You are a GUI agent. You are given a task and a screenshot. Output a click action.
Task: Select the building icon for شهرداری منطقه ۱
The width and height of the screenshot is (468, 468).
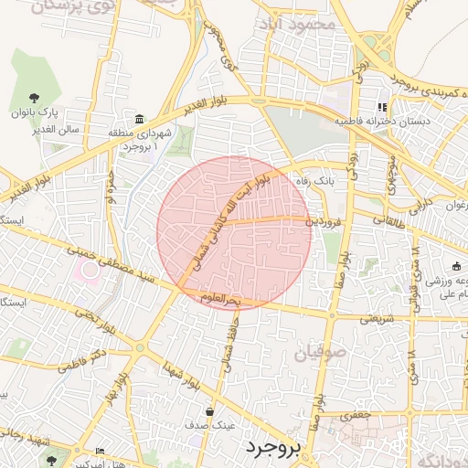pos(139,119)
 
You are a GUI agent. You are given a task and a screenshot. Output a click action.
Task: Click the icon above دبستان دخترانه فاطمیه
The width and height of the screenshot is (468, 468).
pos(382,107)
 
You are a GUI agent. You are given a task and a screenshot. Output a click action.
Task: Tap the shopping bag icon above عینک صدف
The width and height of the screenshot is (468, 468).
pos(210,411)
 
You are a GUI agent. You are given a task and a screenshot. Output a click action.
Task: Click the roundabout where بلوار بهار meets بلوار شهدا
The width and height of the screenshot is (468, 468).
pos(140,348)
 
